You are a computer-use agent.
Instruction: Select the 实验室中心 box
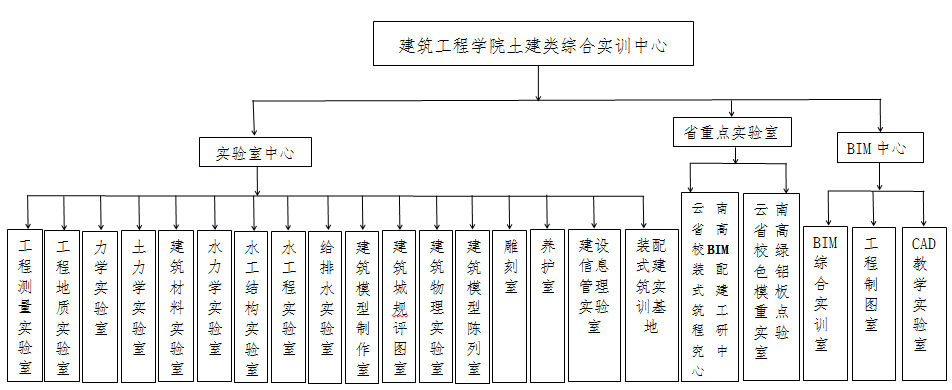[x=254, y=152]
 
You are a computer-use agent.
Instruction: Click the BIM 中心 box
[x=876, y=148]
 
